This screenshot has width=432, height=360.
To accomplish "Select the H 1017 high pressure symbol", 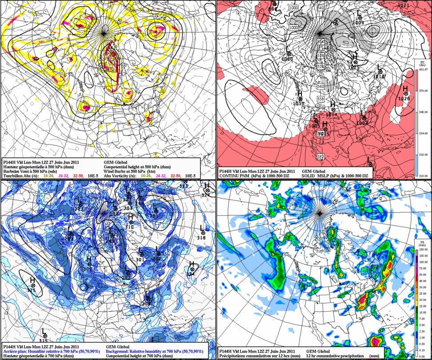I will click(300, 99).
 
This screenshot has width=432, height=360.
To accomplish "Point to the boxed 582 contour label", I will click(320, 157).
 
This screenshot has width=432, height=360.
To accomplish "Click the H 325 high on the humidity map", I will click(32, 284).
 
